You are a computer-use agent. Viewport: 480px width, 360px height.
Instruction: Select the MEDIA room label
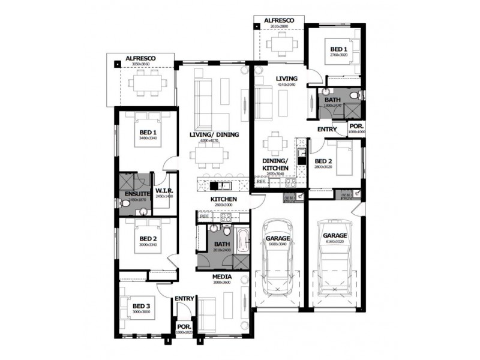tap(222, 277)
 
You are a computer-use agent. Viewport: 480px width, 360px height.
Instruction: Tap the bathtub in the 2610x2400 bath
tap(241, 241)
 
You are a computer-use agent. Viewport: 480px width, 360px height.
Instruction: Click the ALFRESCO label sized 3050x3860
tap(140, 59)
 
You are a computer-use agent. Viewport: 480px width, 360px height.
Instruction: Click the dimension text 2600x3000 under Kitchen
tap(223, 205)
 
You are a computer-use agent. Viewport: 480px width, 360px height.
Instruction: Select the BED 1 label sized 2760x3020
tap(338, 49)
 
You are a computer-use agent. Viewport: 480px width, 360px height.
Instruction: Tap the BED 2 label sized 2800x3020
tap(323, 161)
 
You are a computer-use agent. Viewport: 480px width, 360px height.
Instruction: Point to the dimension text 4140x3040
tap(287, 85)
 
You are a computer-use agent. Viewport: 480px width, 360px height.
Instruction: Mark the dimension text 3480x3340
tap(148, 139)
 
